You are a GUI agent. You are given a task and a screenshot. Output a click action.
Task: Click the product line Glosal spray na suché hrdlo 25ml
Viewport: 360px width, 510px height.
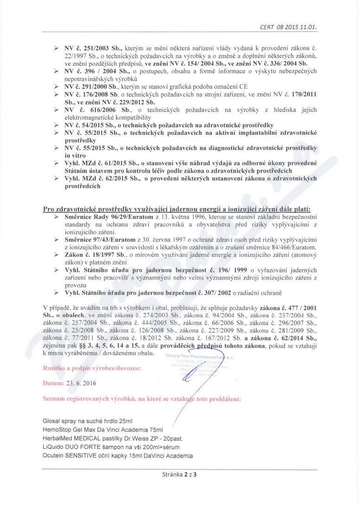pyautogui.click(x=88, y=421)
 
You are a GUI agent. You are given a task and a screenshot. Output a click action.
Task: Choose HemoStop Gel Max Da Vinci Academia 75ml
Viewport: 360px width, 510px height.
pyautogui.click(x=102, y=429)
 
